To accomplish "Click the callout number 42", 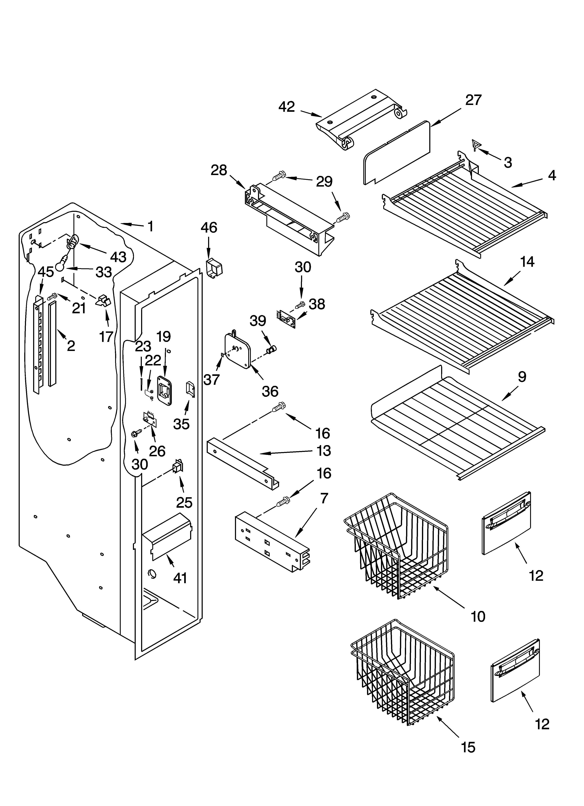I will pos(287,107).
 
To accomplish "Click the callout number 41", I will pos(180,578).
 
